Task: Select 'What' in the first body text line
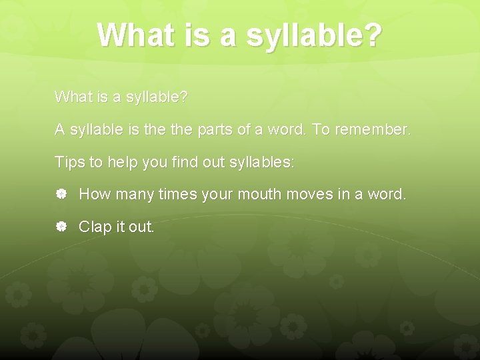(71, 97)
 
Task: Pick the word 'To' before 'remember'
(321, 130)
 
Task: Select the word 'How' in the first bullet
(94, 195)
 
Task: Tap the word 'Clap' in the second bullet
(95, 227)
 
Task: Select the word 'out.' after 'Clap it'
(141, 227)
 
